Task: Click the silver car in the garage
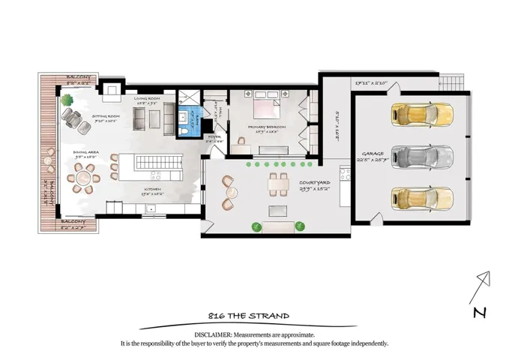tap(422, 157)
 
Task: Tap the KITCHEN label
tap(153, 189)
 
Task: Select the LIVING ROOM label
tap(148, 98)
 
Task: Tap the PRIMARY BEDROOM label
tap(268, 127)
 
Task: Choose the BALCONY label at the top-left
tap(78, 76)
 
